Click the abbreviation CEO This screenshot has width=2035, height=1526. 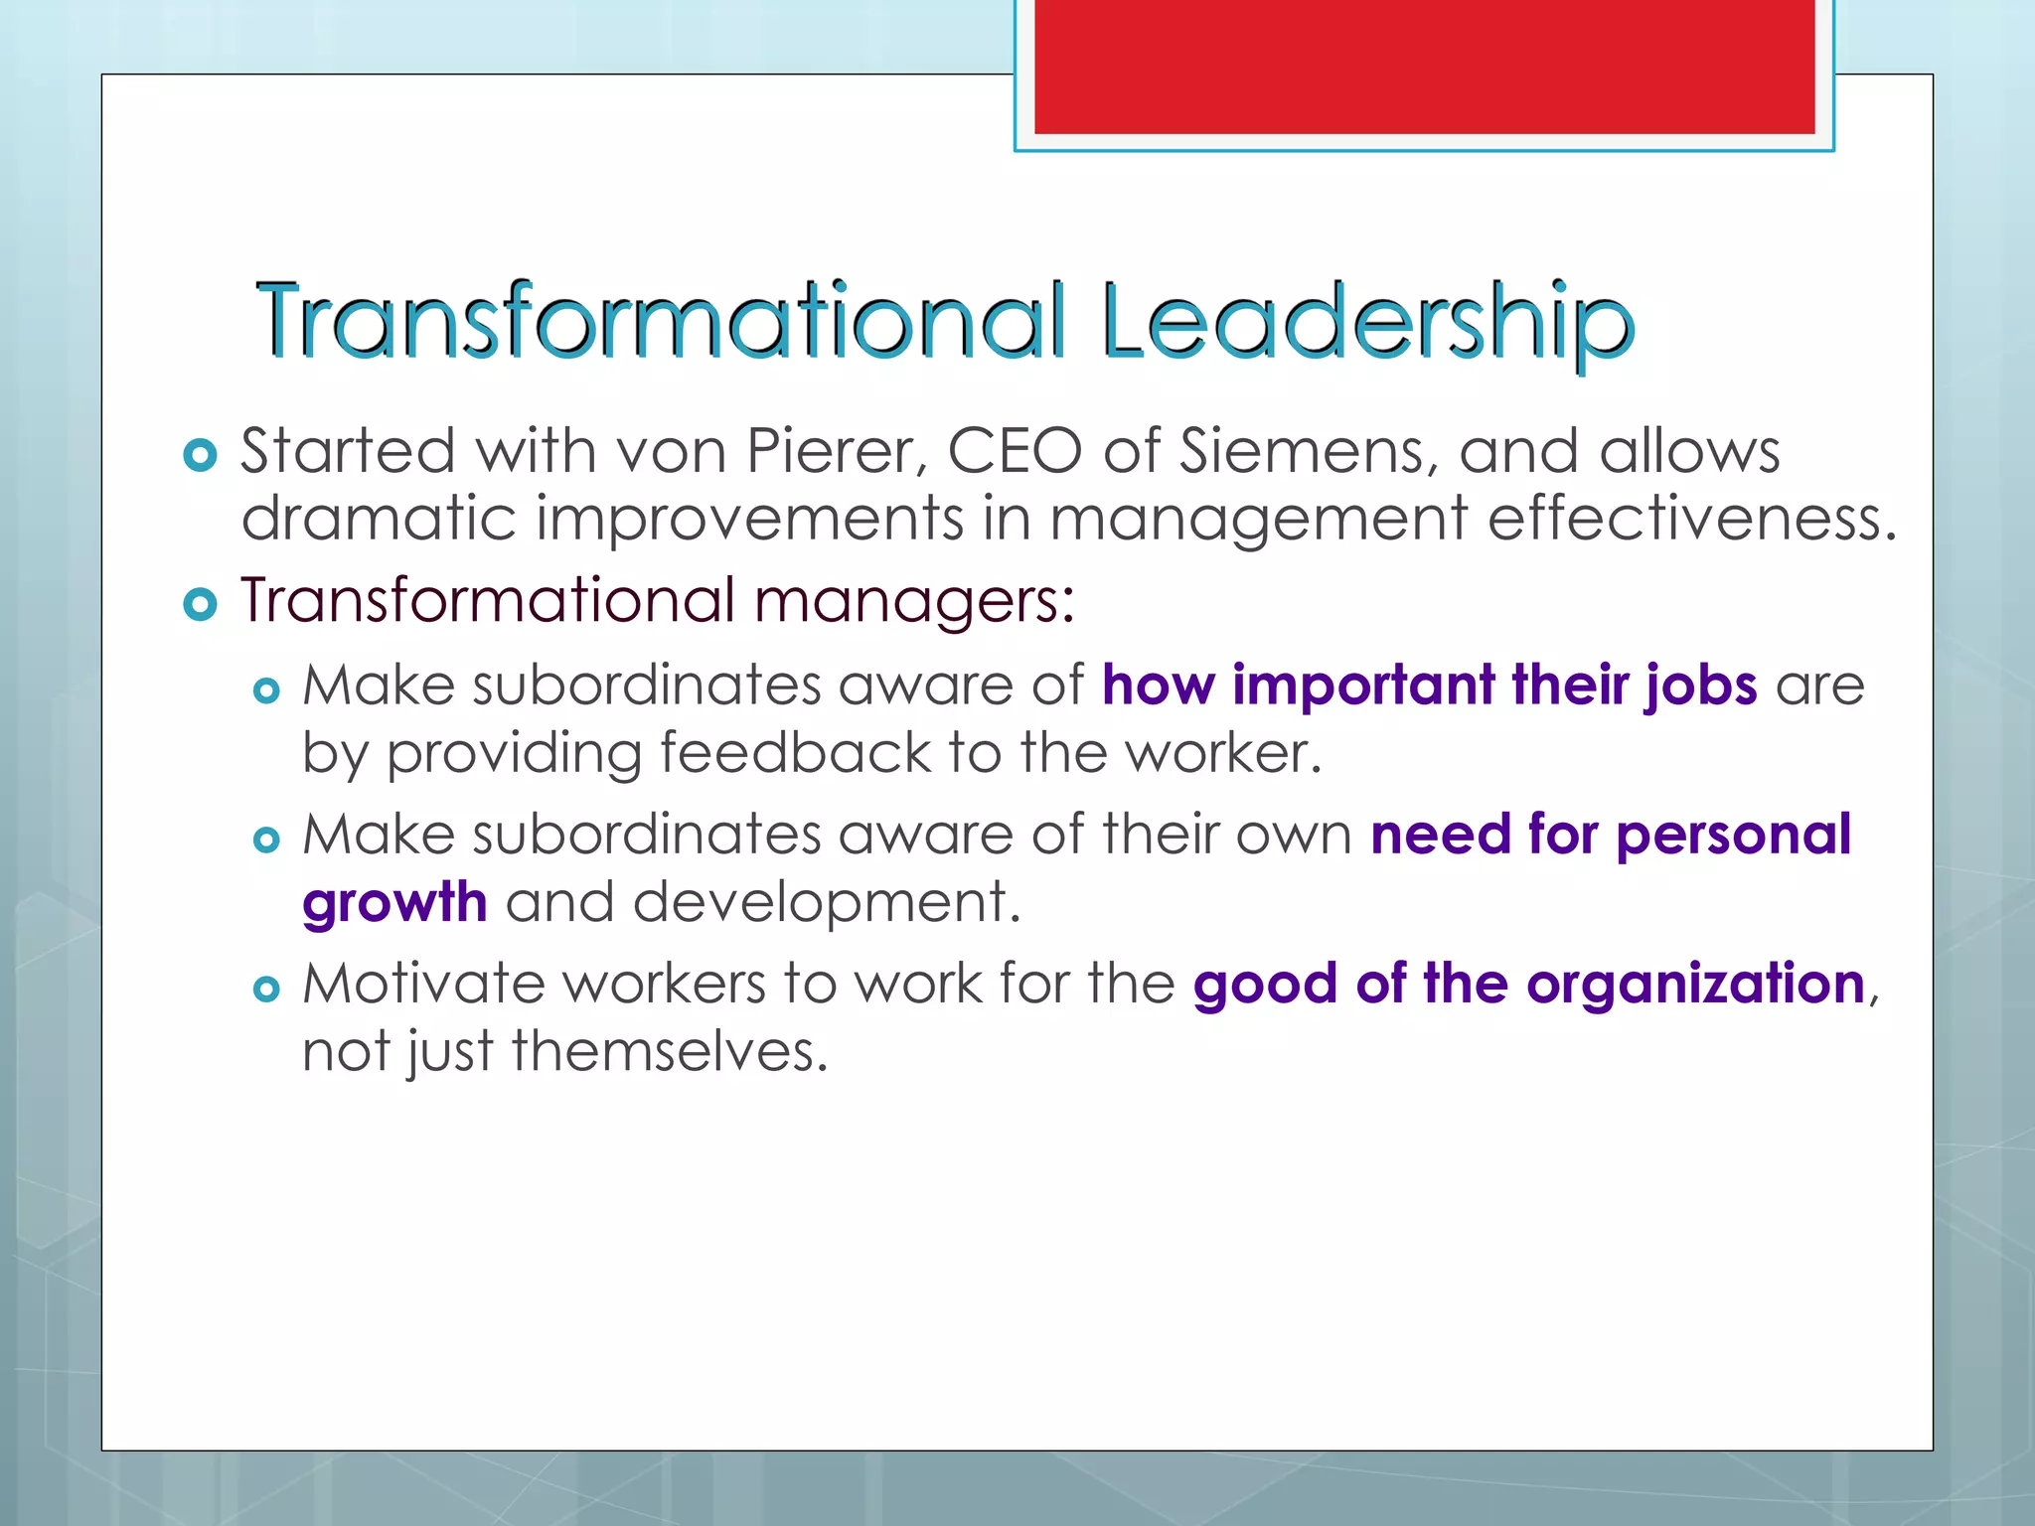pos(1015,451)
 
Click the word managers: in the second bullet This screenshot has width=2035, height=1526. pos(914,601)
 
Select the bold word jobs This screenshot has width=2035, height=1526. pos(1701,686)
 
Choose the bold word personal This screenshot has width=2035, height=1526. pos(1733,835)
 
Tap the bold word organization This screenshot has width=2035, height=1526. pos(1695,984)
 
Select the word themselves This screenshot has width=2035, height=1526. pos(670,1051)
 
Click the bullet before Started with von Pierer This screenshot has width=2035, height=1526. pos(201,455)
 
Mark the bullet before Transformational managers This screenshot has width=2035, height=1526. pos(201,604)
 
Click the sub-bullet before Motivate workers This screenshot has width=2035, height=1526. pos(266,989)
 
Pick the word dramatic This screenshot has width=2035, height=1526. pos(379,519)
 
